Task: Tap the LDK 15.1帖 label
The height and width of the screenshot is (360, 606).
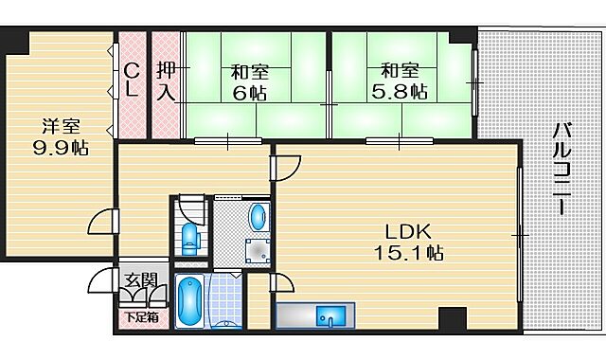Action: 408,243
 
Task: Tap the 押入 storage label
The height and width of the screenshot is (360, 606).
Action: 166,81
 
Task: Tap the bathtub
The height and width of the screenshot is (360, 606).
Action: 189,300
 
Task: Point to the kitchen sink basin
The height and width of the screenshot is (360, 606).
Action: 331,315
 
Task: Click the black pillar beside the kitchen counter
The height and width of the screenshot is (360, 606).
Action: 449,319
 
